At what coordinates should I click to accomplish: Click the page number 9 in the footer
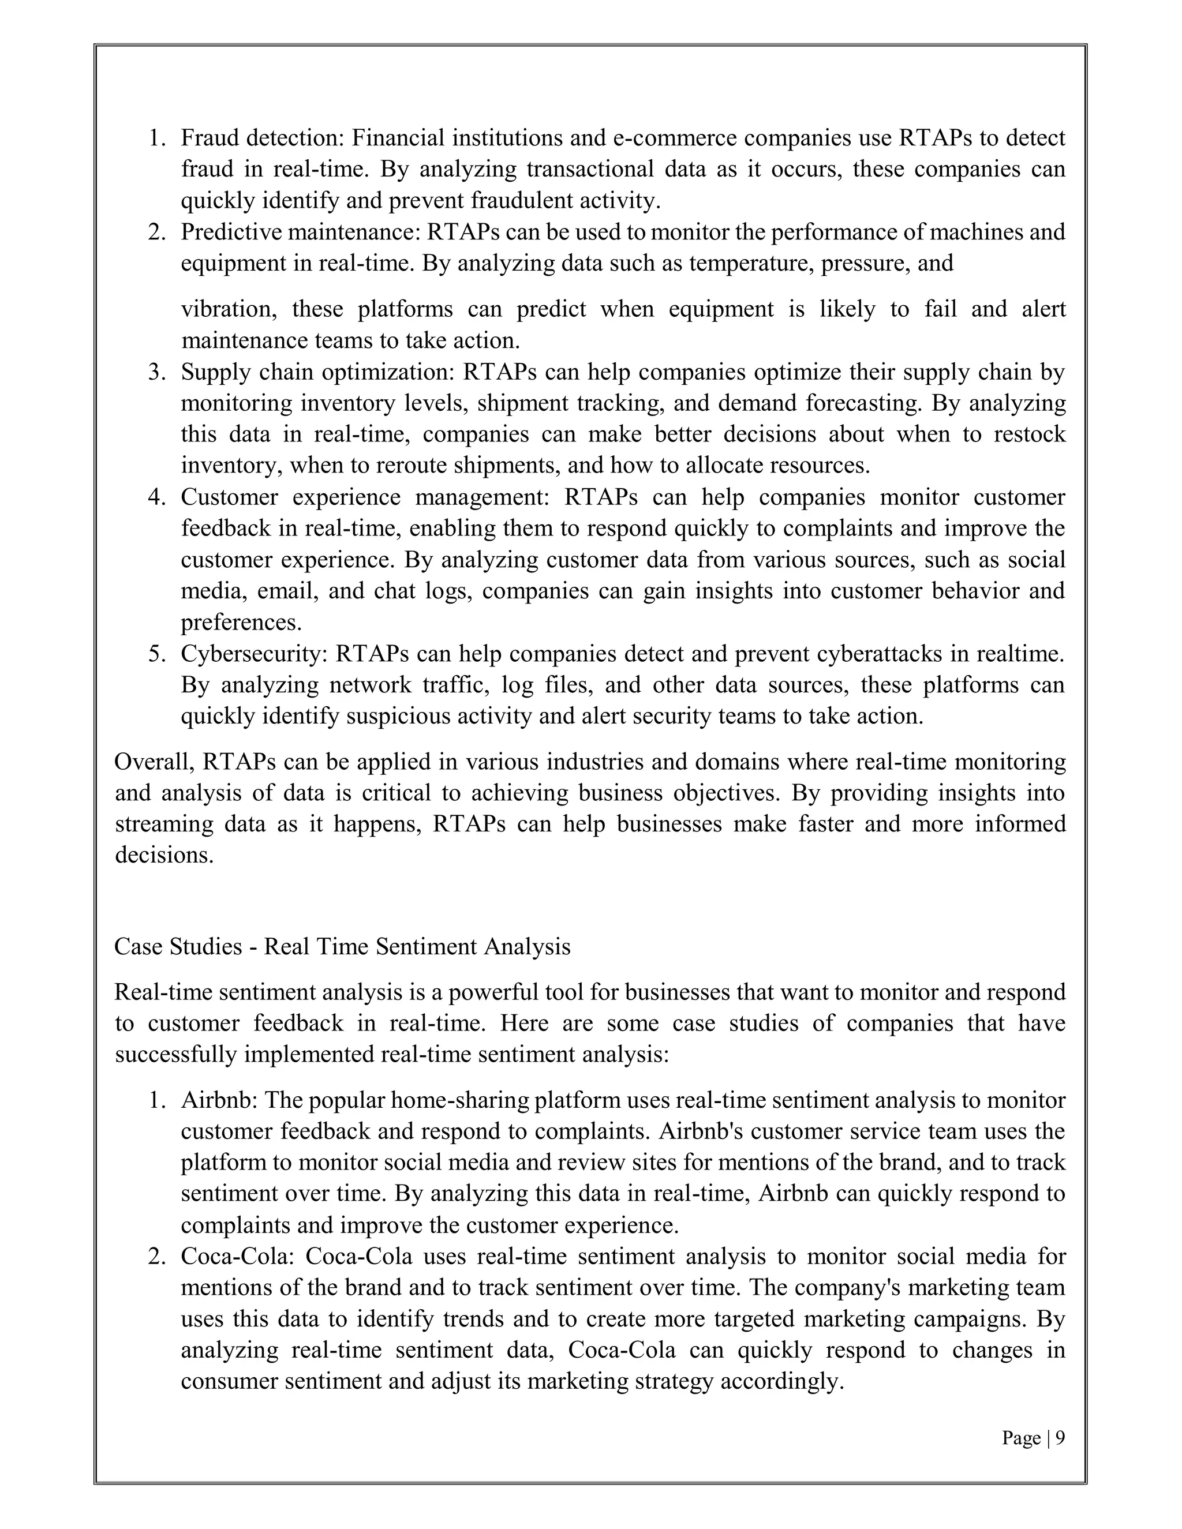pyautogui.click(x=1060, y=1438)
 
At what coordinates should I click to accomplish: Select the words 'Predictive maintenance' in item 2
pyautogui.click(x=300, y=232)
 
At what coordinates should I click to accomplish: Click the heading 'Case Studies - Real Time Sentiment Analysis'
pyautogui.click(x=342, y=946)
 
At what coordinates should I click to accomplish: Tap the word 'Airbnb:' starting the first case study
pyautogui.click(x=220, y=1100)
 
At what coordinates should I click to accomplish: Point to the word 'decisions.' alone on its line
pyautogui.click(x=164, y=855)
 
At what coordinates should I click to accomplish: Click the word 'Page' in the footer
pyautogui.click(x=1021, y=1438)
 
